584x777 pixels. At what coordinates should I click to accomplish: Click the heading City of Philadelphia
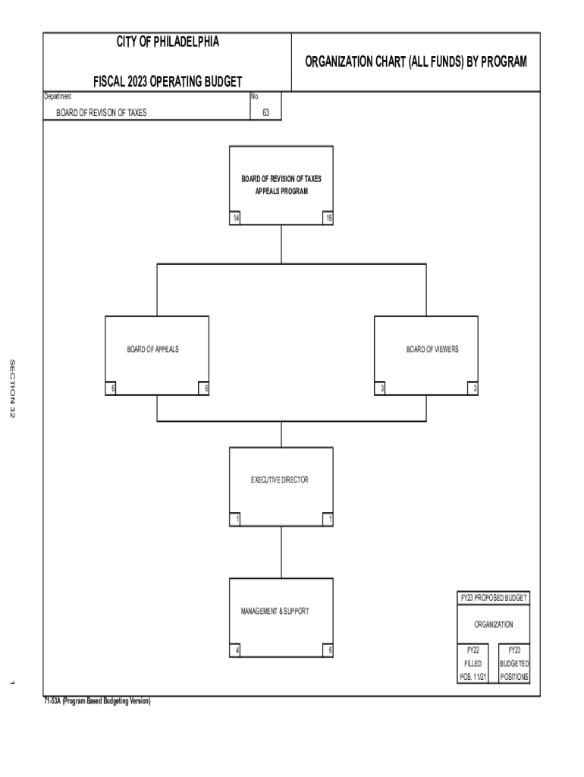[x=167, y=42]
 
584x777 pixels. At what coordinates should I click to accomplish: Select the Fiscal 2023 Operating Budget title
[x=167, y=82]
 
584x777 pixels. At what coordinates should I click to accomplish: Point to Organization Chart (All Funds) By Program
[x=416, y=61]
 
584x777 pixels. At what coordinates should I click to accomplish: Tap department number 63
[x=265, y=113]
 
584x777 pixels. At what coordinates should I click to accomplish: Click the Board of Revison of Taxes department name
[x=102, y=113]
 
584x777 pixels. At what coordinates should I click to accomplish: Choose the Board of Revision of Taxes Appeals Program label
[x=281, y=185]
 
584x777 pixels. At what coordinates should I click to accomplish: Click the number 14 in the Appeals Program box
[x=237, y=219]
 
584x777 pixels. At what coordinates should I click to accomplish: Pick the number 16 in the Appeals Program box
[x=328, y=219]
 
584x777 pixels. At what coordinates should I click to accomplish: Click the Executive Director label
[x=280, y=480]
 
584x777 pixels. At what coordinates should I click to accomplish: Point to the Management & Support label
[x=275, y=611]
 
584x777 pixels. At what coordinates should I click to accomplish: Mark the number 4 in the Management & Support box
[x=237, y=650]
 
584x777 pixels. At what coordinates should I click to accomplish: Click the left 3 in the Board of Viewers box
[x=384, y=389]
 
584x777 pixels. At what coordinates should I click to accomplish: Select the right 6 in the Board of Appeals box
[x=203, y=389]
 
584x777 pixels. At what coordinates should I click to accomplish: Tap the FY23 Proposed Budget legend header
[x=494, y=598]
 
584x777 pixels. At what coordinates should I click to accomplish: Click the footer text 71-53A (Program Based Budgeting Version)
[x=97, y=702]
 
